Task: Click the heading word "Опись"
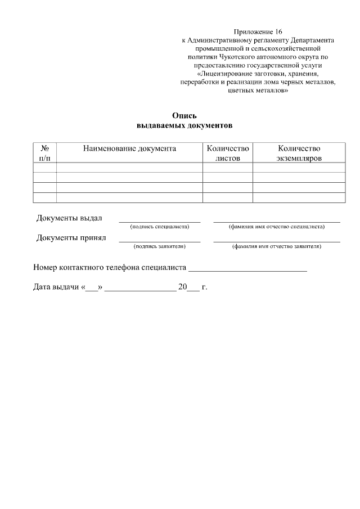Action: (184, 116)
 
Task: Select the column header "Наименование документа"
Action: (129, 148)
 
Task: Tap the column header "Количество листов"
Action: (228, 153)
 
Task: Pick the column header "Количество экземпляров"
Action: (299, 153)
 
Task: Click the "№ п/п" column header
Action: (45, 153)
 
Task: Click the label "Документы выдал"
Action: (69, 218)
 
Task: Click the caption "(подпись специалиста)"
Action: (159, 227)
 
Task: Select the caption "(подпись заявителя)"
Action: (159, 246)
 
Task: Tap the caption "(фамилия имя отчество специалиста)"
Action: (276, 227)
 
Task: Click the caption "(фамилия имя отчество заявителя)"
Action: (276, 246)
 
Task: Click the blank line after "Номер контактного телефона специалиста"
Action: (247, 271)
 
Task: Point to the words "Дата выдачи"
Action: (56, 287)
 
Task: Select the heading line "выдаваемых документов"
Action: (184, 125)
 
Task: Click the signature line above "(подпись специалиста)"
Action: (159, 222)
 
